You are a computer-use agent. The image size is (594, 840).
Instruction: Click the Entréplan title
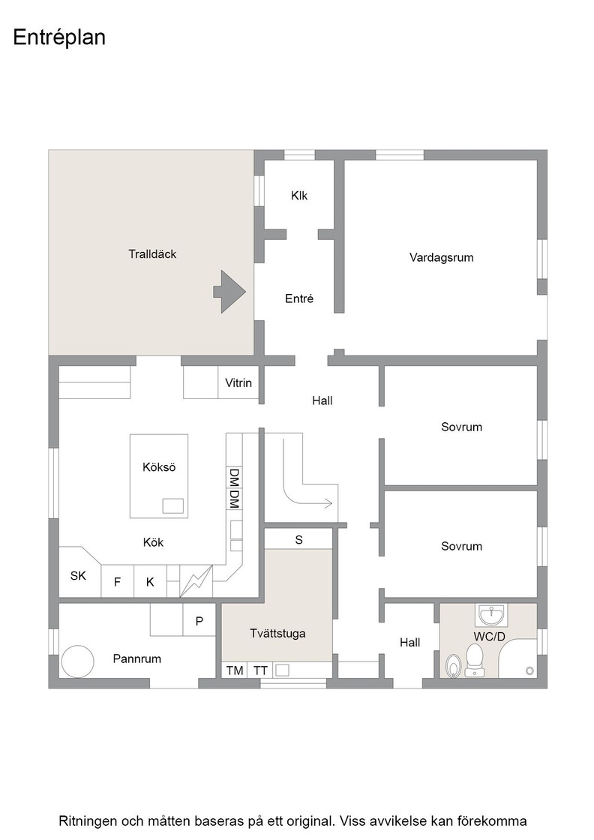pos(59,37)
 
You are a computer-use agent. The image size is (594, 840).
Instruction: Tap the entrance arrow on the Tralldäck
pos(229,292)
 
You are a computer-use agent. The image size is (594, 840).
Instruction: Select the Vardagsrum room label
pos(441,258)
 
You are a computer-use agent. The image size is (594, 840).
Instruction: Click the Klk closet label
pos(299,196)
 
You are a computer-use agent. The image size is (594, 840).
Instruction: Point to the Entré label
pos(298,298)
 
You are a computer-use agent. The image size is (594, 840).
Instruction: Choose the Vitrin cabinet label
pos(238,383)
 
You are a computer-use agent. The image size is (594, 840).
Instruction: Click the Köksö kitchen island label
pos(159,467)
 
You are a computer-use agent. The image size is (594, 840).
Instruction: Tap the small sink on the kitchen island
pos(173,506)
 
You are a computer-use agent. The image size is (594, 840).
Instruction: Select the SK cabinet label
pos(78,576)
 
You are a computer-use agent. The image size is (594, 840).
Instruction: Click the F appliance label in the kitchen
pos(117,582)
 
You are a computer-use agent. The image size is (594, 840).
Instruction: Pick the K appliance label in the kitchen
pos(150,582)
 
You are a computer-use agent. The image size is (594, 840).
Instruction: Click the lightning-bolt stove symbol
pos(196,580)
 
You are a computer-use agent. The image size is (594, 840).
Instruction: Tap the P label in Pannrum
pos(199,622)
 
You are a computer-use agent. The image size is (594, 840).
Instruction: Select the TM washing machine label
pos(235,670)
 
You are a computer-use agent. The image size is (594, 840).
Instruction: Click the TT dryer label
pos(260,670)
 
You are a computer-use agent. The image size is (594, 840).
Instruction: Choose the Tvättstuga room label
pos(277,633)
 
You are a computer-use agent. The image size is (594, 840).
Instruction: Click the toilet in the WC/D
pos(475,660)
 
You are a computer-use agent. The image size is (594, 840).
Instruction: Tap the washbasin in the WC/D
pos(490,615)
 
